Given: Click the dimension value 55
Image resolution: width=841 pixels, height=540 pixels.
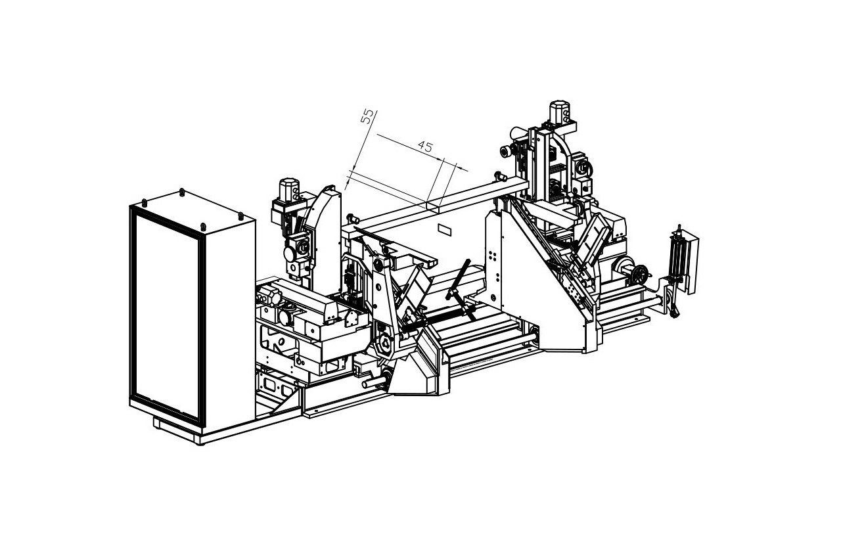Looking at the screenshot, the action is [x=367, y=116].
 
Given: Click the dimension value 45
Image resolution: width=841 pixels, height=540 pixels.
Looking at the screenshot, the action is [x=425, y=146].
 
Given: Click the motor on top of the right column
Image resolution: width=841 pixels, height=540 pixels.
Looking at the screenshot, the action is [x=560, y=111].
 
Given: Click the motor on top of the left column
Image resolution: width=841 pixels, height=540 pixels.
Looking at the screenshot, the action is [x=289, y=190].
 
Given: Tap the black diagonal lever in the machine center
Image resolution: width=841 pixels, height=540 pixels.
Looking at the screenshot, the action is [x=459, y=280].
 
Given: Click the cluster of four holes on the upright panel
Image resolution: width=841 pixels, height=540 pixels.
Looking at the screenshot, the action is [x=493, y=256].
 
